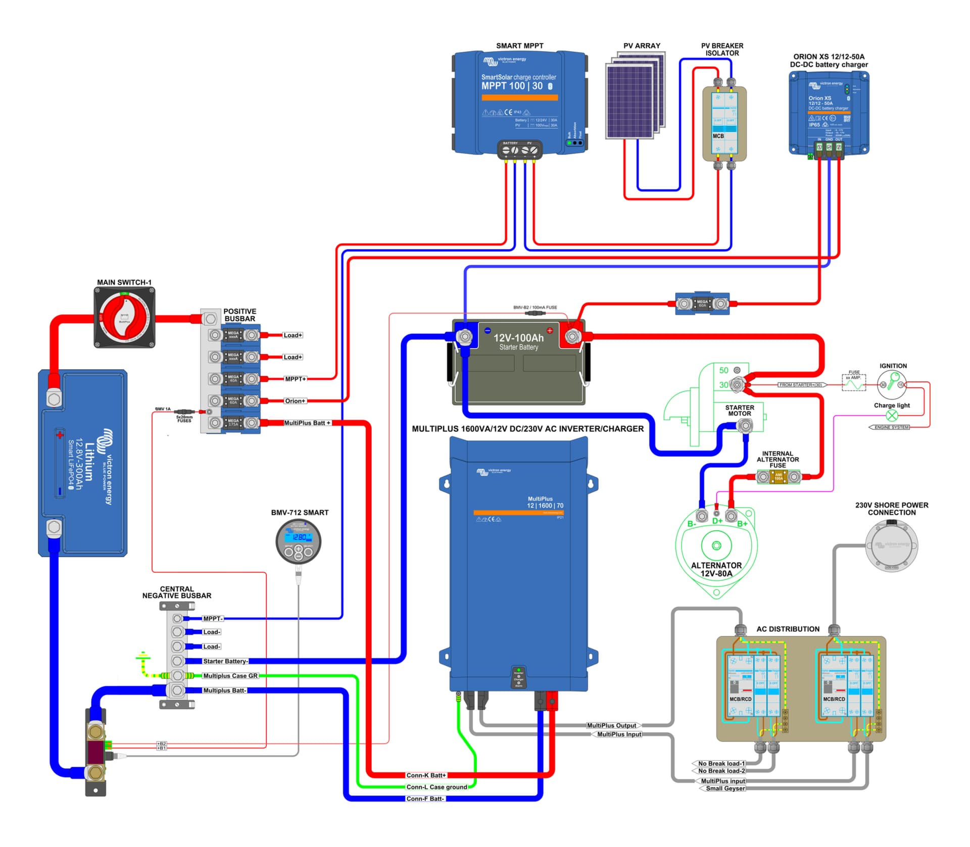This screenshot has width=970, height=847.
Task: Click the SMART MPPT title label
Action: click(519, 46)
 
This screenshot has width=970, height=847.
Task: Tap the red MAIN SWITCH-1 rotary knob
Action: click(124, 317)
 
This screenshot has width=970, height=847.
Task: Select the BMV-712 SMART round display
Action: click(298, 541)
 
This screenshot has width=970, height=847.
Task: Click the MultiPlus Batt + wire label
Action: click(307, 423)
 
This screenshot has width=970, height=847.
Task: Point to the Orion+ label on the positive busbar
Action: click(295, 401)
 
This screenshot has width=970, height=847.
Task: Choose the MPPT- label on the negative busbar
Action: click(213, 619)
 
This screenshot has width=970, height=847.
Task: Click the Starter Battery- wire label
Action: click(225, 661)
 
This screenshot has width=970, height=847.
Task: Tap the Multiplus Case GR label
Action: click(230, 676)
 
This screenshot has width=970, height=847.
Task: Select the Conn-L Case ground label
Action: click(437, 787)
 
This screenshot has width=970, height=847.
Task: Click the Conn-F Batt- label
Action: click(425, 799)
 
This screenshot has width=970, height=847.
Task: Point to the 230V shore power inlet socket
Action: click(891, 545)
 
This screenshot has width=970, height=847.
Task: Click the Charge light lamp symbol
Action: click(892, 416)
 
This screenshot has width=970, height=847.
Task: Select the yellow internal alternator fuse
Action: click(779, 477)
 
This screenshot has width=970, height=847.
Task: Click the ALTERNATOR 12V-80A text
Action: click(716, 569)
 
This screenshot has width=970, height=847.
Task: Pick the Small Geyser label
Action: click(725, 788)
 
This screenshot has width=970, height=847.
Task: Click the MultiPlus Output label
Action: click(611, 725)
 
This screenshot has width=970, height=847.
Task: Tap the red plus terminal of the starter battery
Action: click(573, 336)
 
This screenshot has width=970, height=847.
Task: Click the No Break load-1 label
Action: click(721, 764)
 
